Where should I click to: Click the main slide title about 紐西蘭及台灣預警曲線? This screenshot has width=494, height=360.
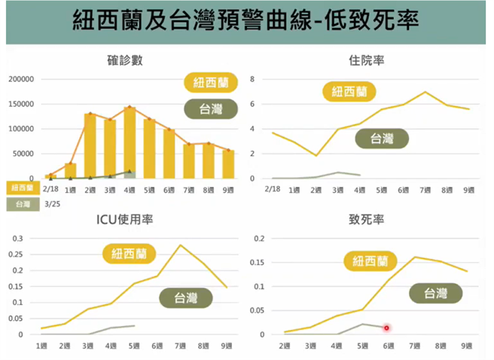coord(246,22)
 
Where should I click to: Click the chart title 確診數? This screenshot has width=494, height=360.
coord(125,59)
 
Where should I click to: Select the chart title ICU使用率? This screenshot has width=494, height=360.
coord(125,220)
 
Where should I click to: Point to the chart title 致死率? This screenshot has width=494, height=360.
coord(367,220)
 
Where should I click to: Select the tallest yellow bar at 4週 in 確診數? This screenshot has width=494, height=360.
coord(130,143)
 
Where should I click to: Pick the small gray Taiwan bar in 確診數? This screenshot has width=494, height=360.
coord(130,175)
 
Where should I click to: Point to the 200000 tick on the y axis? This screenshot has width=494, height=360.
coord(22,79)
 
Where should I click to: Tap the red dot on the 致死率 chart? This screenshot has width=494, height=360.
coord(387,328)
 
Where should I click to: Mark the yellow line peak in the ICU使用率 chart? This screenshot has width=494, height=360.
coord(180,245)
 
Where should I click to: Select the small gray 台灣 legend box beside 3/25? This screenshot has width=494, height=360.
coord(20,203)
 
